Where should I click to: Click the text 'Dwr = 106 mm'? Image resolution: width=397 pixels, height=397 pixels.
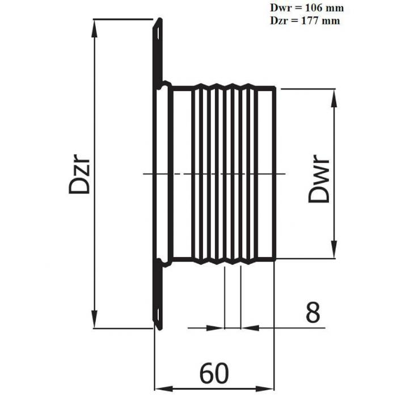(307, 8)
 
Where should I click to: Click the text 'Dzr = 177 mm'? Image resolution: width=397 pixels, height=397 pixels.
(305, 21)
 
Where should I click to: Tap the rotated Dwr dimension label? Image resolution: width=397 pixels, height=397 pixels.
(319, 179)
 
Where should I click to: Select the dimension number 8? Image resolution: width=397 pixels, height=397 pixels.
(313, 312)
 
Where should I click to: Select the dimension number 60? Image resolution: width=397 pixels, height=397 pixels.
(214, 373)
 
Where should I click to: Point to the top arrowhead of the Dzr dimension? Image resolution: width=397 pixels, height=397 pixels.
(94, 28)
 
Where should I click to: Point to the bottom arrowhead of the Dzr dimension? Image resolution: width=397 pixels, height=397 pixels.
(94, 319)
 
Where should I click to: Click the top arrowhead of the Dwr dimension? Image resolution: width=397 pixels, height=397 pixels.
(334, 98)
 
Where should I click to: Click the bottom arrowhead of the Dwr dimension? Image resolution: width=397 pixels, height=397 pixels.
(334, 250)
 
